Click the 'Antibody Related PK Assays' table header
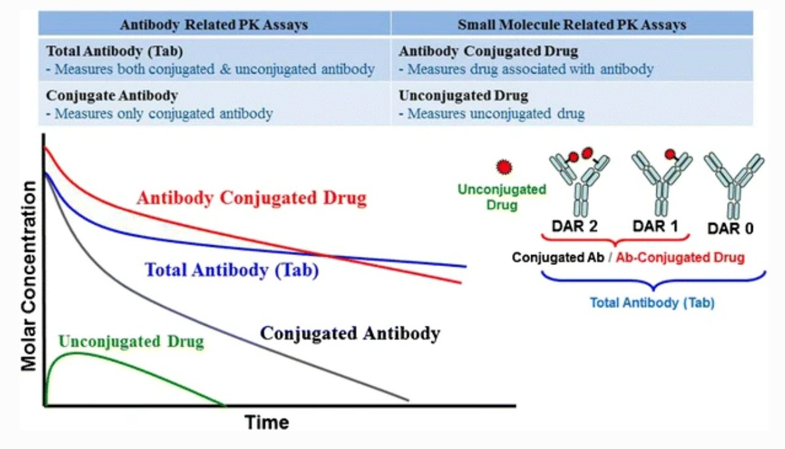pyautogui.click(x=214, y=25)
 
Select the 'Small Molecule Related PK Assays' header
pyautogui.click(x=571, y=25)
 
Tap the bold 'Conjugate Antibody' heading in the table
pyautogui.click(x=112, y=96)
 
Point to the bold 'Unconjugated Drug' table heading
pyautogui.click(x=464, y=96)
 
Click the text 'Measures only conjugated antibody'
pyautogui.click(x=163, y=113)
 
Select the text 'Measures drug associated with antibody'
pyautogui.click(x=530, y=69)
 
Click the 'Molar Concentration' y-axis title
pyautogui.click(x=29, y=275)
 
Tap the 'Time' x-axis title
pyautogui.click(x=267, y=423)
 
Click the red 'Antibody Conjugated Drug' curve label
pyautogui.click(x=251, y=198)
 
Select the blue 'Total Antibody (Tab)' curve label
pyautogui.click(x=231, y=270)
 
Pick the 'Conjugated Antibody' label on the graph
pyautogui.click(x=350, y=333)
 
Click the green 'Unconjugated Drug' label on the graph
pyautogui.click(x=131, y=342)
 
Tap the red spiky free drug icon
pyautogui.click(x=504, y=167)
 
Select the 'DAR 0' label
pyautogui.click(x=731, y=229)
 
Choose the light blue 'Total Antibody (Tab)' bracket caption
pyautogui.click(x=651, y=303)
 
